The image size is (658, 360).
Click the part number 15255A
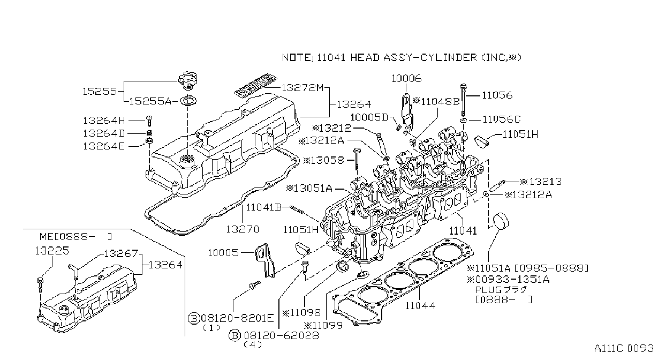[150, 101]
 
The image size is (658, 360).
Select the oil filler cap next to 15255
[188, 80]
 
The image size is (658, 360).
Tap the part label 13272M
[302, 87]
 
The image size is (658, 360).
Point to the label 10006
[406, 78]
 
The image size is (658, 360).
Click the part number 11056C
[502, 119]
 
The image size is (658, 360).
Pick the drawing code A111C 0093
[624, 348]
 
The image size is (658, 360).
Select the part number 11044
[420, 306]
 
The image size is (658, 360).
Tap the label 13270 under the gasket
[243, 229]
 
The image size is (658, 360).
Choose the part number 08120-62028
[282, 335]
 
